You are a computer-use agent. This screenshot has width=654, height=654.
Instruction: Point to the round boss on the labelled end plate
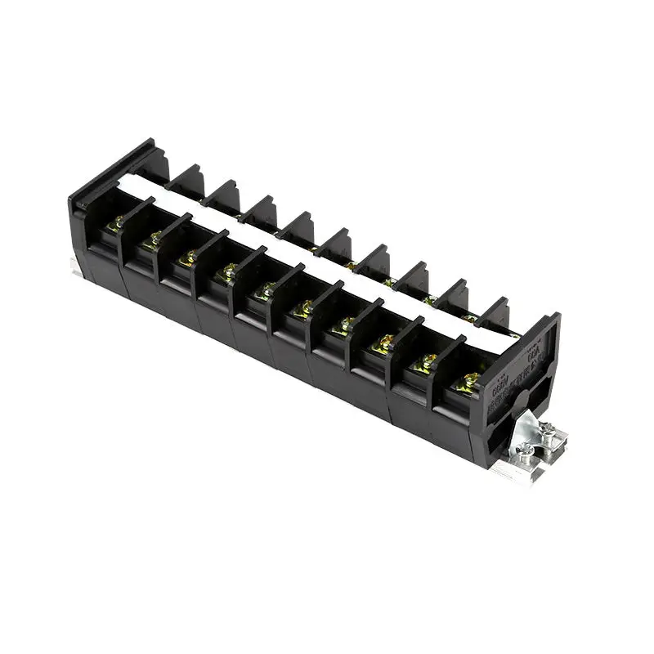515,398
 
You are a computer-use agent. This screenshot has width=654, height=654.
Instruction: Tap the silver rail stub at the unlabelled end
74,262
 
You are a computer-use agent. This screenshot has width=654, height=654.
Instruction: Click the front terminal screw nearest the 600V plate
471,379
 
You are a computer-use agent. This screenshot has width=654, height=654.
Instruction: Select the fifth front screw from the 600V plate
303,307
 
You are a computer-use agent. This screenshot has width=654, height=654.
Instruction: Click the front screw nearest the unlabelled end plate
119,222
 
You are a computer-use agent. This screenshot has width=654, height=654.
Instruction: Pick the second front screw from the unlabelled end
153,238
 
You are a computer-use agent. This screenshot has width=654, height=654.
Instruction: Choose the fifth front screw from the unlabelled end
265,289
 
